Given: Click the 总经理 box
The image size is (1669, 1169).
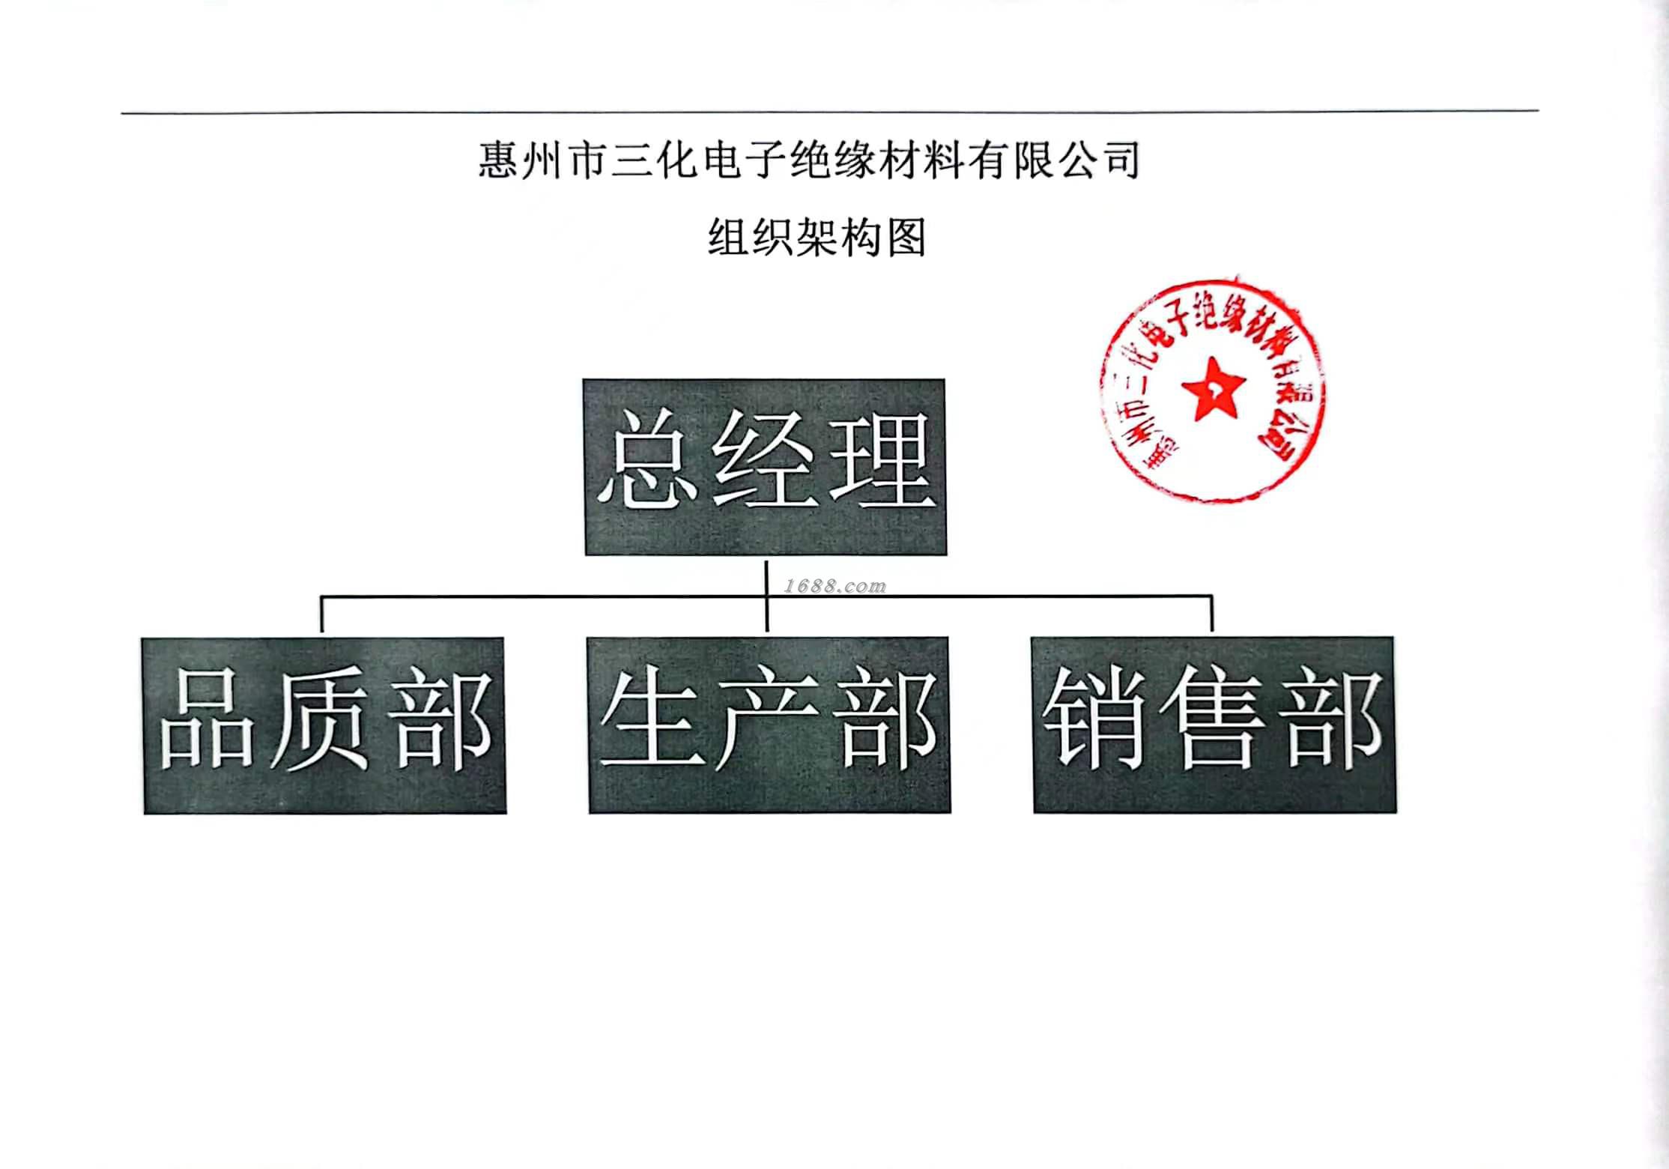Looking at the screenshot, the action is click(765, 467).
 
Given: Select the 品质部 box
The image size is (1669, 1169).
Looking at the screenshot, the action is click(324, 725).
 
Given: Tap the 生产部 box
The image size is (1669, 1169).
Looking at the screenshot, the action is click(769, 725).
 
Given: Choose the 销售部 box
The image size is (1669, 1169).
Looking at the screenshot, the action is click(1214, 725).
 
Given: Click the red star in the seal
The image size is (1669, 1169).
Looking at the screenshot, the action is click(1213, 388).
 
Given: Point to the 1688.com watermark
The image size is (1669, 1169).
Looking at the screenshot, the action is click(834, 586).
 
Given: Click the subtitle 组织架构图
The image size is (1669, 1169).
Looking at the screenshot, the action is click(817, 238).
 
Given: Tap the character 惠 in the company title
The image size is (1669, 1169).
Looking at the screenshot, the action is click(499, 160).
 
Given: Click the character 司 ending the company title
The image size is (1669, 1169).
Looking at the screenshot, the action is click(1121, 160).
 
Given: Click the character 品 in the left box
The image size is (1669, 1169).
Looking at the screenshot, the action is click(205, 721).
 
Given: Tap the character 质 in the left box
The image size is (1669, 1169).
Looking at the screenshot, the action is click(320, 721).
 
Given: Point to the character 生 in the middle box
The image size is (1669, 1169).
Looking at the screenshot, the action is click(650, 721).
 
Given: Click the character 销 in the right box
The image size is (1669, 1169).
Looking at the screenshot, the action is click(1094, 721).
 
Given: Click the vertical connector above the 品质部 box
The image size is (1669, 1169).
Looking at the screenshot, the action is click(321, 615).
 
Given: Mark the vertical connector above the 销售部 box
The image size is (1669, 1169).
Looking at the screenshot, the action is click(1211, 615).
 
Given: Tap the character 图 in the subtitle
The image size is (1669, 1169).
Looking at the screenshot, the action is click(906, 238).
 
